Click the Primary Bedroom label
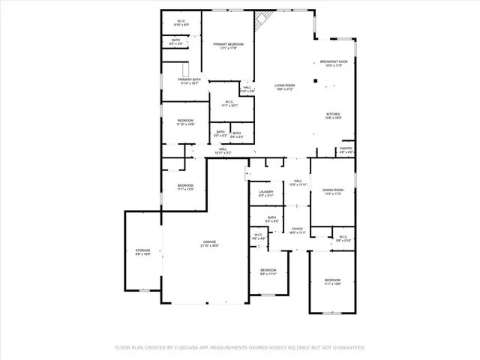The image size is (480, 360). coord(228,45)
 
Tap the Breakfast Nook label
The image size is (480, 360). coord(334,61)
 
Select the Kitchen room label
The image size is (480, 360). coord(333,114)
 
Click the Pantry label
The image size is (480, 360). coord(345,148)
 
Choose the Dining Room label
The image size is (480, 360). coord(333,190)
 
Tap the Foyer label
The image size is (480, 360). coord(297,229)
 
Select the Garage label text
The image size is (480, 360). coord(208,241)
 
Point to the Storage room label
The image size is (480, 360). coord(142,250)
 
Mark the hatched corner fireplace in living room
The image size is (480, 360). coord(262,20)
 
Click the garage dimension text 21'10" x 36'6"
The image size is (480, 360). coord(208,246)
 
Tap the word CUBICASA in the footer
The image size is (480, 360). coord(190,347)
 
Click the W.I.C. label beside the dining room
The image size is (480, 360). coord(342,238)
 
